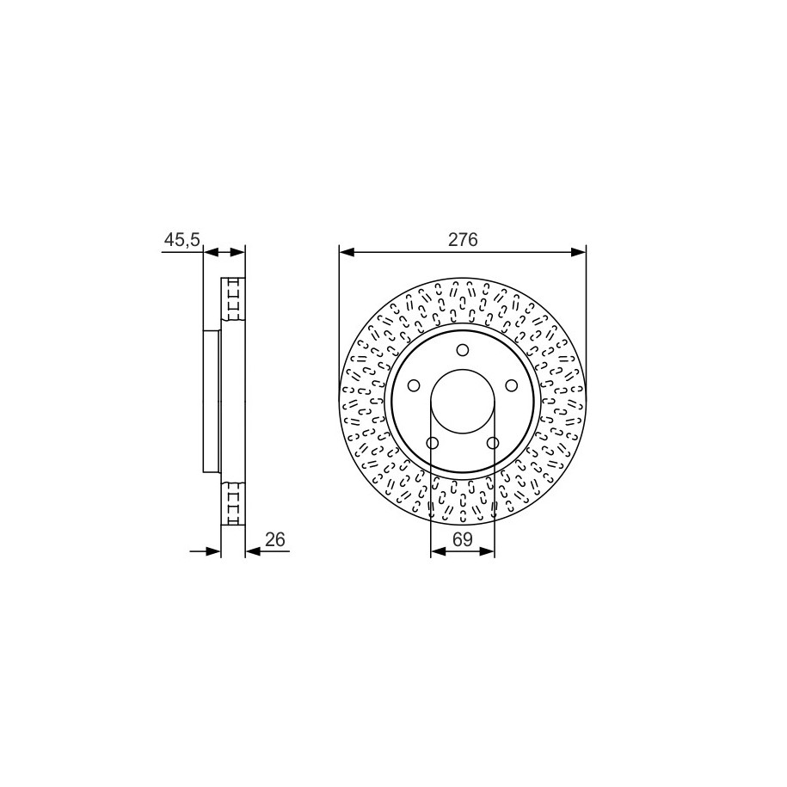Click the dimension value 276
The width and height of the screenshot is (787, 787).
[463, 240]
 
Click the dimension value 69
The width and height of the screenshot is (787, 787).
[463, 539]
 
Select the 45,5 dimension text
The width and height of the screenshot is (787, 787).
[182, 241]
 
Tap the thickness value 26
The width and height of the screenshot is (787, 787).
[274, 539]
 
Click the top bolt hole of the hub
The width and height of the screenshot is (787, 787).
[462, 350]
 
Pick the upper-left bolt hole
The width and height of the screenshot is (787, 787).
[414, 385]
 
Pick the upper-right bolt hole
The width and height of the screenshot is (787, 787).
[511, 385]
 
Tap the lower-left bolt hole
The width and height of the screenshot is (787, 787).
[432, 443]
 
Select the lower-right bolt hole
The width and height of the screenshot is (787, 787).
[493, 443]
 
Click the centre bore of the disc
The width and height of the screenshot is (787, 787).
[462, 401]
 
